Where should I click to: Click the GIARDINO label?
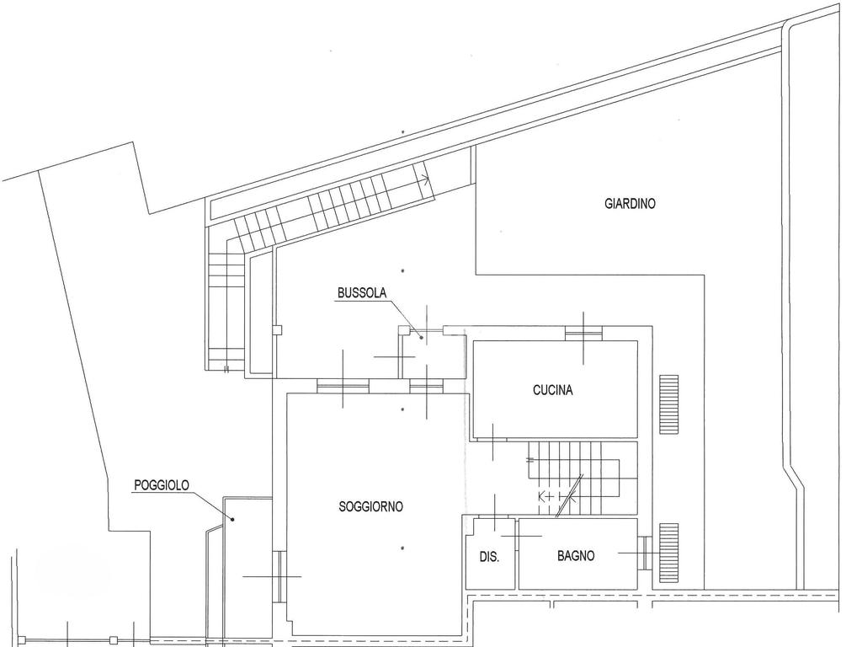pyautogui.click(x=630, y=204)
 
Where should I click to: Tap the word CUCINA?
pyautogui.click(x=553, y=390)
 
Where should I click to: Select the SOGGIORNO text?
pyautogui.click(x=370, y=506)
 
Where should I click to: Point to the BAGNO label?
pyautogui.click(x=576, y=556)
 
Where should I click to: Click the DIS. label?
pyautogui.click(x=489, y=557)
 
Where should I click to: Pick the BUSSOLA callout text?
pyautogui.click(x=361, y=293)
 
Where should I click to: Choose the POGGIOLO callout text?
pyautogui.click(x=162, y=485)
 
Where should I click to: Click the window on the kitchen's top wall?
pyautogui.click(x=583, y=334)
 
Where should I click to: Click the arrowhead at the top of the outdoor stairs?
pyautogui.click(x=426, y=178)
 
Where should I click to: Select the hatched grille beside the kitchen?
pyautogui.click(x=668, y=405)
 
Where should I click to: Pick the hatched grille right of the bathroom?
pyautogui.click(x=668, y=553)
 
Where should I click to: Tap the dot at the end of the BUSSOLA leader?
pyautogui.click(x=421, y=337)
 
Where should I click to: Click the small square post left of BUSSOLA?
pyautogui.click(x=277, y=331)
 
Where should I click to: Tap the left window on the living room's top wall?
pyautogui.click(x=343, y=386)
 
